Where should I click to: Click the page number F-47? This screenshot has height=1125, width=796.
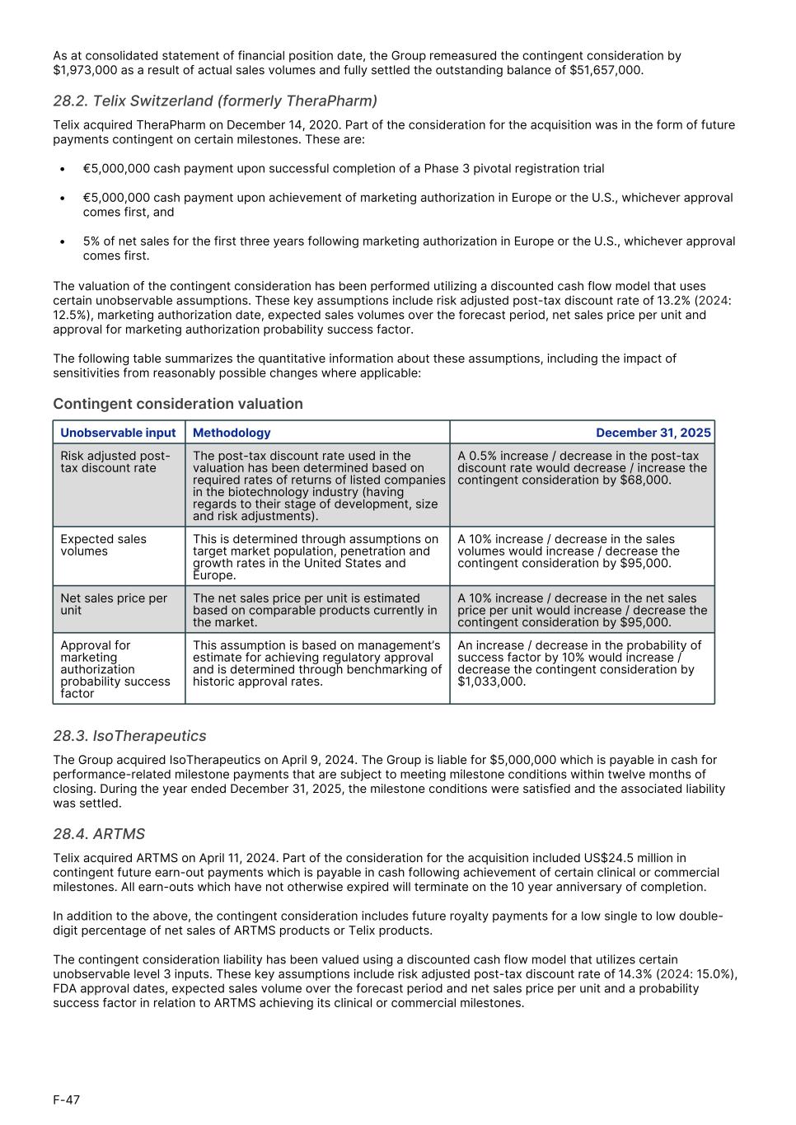[67, 1100]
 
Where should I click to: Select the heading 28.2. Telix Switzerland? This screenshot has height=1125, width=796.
[215, 101]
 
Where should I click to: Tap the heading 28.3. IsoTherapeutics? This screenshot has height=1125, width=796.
[129, 736]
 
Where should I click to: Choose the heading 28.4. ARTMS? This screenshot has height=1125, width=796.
[99, 834]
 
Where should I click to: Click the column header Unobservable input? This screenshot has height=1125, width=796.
[118, 433]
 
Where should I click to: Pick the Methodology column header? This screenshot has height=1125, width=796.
[232, 433]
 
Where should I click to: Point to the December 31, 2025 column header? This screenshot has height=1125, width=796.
[653, 433]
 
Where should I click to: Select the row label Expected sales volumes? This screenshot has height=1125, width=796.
[103, 545]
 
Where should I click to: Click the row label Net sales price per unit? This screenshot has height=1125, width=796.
[113, 604]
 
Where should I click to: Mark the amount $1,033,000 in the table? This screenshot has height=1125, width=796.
[491, 682]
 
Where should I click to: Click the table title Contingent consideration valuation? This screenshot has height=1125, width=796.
[178, 404]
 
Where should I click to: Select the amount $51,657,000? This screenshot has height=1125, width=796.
[605, 70]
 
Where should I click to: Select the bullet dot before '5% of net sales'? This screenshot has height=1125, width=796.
[63, 241]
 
